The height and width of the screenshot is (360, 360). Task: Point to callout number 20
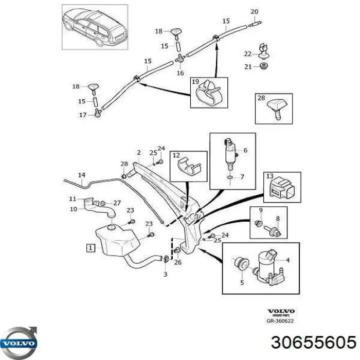point(254,11)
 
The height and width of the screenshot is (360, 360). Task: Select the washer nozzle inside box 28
point(274,109)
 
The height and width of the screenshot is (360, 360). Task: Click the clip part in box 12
point(188,166)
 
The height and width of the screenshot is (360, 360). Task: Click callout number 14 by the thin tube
point(81,176)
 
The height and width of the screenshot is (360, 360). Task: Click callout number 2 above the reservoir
point(138,152)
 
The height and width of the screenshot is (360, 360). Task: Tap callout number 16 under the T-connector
point(180,74)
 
